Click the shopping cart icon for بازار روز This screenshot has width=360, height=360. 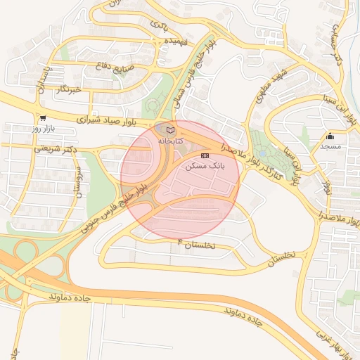pos(44,119)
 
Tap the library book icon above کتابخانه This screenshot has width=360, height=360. pos(169,130)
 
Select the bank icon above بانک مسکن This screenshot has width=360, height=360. pos(205,155)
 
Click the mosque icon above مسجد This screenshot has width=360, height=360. pos(330,136)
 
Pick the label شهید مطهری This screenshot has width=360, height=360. pos(274,85)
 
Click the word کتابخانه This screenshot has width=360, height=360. pos(169,141)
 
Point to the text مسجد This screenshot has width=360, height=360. pos(330,146)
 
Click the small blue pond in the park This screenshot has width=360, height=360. pos(262,153)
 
